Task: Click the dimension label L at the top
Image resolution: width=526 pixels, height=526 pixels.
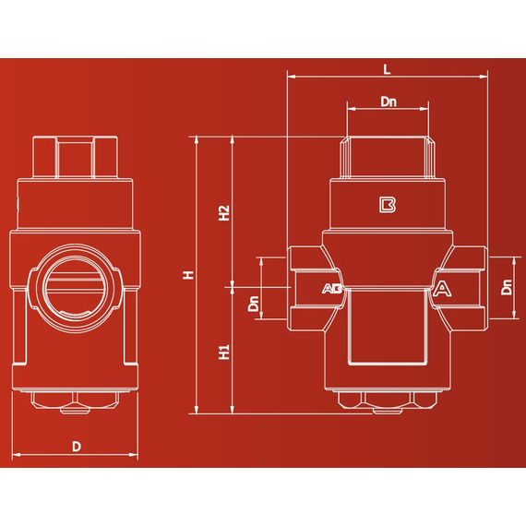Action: (387, 69)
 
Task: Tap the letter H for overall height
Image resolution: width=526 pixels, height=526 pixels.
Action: (188, 274)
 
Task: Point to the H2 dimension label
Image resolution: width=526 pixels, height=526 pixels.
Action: (223, 213)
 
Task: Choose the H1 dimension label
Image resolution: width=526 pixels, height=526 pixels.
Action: (223, 352)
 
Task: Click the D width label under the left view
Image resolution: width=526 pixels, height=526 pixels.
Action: (77, 447)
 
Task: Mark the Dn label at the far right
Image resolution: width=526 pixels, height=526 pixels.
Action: (507, 289)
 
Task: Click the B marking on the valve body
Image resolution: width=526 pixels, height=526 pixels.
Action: (388, 204)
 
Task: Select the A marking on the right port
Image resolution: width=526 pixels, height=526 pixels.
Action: (443, 289)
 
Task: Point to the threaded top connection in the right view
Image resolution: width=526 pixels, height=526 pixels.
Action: (388, 157)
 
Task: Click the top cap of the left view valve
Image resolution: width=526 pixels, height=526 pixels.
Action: (77, 157)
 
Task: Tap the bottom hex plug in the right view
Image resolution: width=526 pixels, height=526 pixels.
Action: (388, 402)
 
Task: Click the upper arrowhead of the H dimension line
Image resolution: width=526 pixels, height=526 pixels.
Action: (197, 139)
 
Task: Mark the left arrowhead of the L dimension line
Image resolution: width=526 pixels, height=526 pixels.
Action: (291, 78)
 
